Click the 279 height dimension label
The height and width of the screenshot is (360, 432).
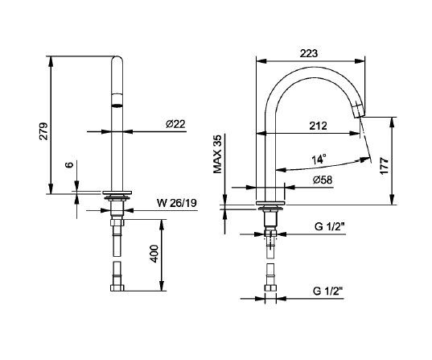pyautogui.click(x=44, y=131)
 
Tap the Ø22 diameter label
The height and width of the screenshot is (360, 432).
pyautogui.click(x=175, y=124)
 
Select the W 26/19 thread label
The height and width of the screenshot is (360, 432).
pyautogui.click(x=177, y=203)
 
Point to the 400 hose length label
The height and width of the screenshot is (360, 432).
pyautogui.click(x=154, y=254)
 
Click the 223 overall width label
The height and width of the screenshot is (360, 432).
pyautogui.click(x=309, y=53)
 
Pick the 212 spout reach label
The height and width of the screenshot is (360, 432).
pyautogui.click(x=318, y=126)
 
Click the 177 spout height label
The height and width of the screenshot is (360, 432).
pyautogui.click(x=384, y=166)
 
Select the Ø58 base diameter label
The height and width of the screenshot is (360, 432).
pyautogui.click(x=323, y=180)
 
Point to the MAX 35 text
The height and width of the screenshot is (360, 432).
pyautogui.click(x=217, y=154)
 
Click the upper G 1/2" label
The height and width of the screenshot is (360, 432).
pyautogui.click(x=330, y=227)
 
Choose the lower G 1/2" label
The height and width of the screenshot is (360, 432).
pyautogui.click(x=328, y=291)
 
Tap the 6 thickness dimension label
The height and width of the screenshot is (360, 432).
pyautogui.click(x=69, y=164)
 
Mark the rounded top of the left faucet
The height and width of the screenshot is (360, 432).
pyautogui.click(x=117, y=60)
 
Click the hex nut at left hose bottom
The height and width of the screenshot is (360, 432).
pyautogui.click(x=117, y=288)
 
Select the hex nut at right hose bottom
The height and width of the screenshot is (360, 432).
pyautogui.click(x=270, y=288)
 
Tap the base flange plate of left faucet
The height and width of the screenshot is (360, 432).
pyautogui.click(x=117, y=192)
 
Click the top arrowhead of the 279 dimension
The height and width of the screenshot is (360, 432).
pyautogui.click(x=50, y=61)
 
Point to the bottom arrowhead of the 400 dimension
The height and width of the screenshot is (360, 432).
pyautogui.click(x=162, y=286)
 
